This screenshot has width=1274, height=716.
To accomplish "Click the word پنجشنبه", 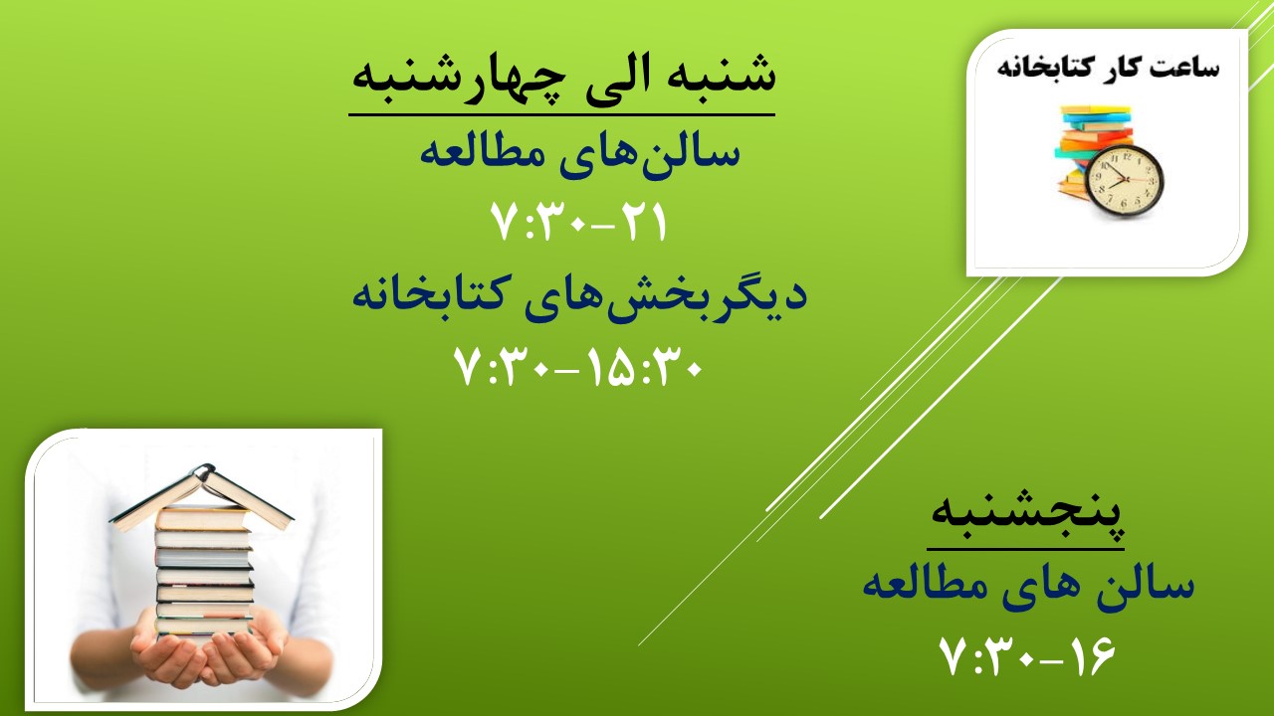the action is tap(1026, 515).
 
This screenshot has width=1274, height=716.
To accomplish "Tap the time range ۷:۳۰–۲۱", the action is tap(578, 223).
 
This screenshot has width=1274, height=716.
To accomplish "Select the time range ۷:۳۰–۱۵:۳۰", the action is tap(578, 367).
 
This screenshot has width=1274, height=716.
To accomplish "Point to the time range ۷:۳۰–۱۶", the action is tap(1027, 655).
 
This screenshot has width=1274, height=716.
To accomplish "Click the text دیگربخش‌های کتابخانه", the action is tap(579, 296).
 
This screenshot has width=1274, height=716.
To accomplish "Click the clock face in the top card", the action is tap(1124, 181).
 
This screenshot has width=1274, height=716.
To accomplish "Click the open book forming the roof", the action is tap(202, 496).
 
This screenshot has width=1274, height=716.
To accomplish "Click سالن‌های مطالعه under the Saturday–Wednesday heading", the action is tap(580, 153).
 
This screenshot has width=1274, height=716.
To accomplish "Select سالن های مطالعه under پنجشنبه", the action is tap(1028, 587).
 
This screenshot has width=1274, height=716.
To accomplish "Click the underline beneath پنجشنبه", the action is tap(1025, 550).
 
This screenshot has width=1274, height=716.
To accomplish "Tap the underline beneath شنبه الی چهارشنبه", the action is tap(562, 115).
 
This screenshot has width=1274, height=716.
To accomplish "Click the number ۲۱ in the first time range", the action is tap(643, 223).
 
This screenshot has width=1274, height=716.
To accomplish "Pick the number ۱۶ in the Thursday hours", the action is tap(1092, 655).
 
